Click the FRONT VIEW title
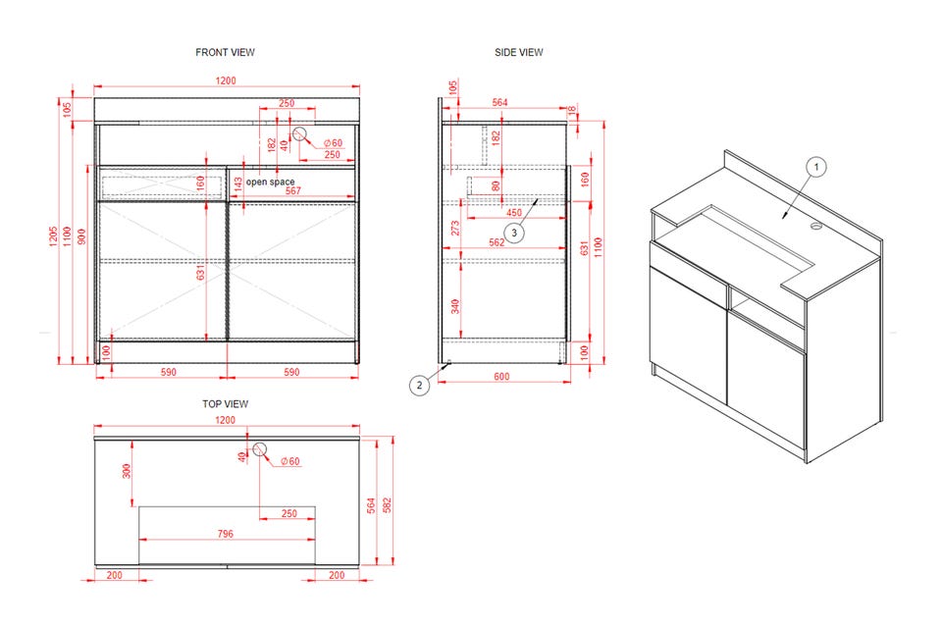pos(226,52)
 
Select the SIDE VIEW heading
pos(518,52)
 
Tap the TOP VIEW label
pos(226,403)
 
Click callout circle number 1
pos(815,167)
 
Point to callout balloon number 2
pos(419,385)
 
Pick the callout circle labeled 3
pos(513,233)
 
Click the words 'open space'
pos(271,182)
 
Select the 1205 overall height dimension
pos(53,235)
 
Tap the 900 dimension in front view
pos(82,236)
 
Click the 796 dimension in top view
pos(226,534)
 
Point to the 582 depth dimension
pos(387,504)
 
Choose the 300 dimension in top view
pos(127,471)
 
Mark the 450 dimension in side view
pos(513,213)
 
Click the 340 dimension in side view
pos(455,306)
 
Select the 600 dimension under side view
pos(501,377)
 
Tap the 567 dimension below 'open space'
pos(293,191)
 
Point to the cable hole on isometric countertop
pos(815,227)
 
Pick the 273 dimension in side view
pos(455,228)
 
